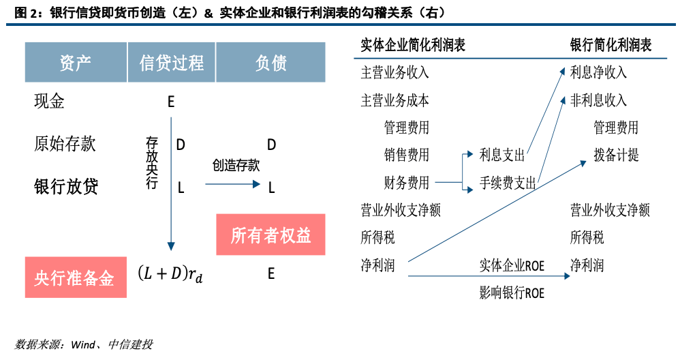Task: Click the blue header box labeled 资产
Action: [76, 63]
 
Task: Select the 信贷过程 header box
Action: [171, 63]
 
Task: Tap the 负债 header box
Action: [271, 63]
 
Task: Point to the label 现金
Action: [50, 102]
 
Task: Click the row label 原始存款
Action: [65, 144]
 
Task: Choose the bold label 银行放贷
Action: [66, 186]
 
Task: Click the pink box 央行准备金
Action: [76, 277]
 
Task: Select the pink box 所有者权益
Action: [271, 235]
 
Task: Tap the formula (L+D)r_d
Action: [170, 274]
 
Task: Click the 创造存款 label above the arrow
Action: [236, 166]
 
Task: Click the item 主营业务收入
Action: [395, 72]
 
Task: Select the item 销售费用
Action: [407, 155]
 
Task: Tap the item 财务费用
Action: [407, 183]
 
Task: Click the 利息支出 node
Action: [502, 155]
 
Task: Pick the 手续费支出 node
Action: [508, 183]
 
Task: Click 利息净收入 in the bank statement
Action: [598, 72]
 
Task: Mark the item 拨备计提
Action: [616, 155]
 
